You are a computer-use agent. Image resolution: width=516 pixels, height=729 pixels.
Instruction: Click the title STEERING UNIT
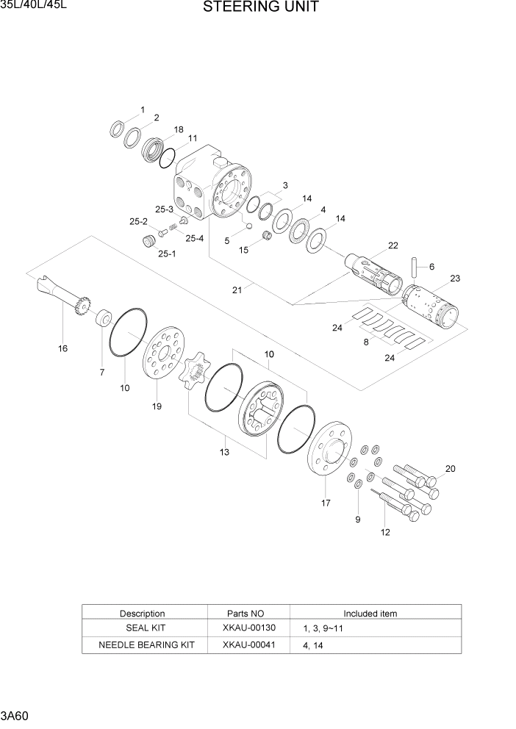260,8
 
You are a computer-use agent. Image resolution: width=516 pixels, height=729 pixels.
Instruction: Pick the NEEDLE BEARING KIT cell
146,644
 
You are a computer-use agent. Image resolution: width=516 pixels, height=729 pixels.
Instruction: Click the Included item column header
370,613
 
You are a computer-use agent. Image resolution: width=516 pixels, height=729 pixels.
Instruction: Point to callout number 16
63,348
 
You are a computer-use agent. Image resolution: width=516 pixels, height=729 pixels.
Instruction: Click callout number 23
455,279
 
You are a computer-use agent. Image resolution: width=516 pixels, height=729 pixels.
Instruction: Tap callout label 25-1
168,254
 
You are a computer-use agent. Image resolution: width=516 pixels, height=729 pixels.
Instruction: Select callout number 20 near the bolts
450,469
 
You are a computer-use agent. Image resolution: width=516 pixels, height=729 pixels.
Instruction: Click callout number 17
325,503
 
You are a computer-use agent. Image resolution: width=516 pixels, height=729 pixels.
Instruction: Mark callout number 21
237,290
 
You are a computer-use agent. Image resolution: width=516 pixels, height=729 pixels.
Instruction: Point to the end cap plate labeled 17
328,450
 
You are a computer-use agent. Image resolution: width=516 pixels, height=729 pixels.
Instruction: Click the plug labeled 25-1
149,241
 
